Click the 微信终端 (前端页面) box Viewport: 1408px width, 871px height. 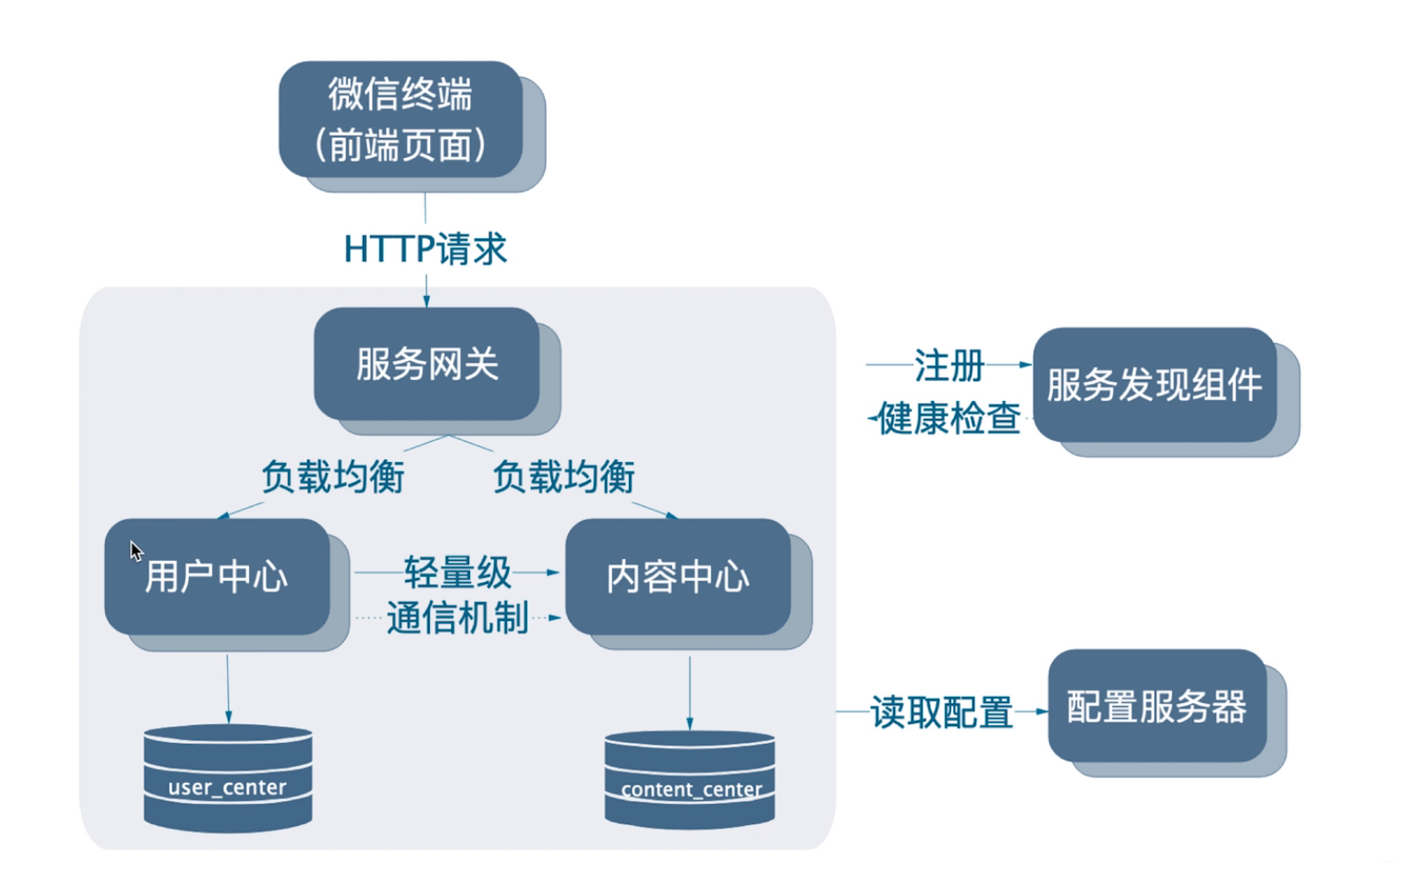point(401,119)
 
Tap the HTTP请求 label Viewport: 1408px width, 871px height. point(425,249)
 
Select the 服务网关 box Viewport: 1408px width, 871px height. point(427,363)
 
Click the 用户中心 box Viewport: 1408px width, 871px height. point(217,576)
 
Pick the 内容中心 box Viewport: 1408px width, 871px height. point(678,576)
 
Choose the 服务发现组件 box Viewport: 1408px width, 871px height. point(1154,384)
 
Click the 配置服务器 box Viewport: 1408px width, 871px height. point(1156,706)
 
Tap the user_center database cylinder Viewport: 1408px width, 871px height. point(228,778)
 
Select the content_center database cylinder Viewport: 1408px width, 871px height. point(690,780)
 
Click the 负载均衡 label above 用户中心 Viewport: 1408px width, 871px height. point(333,477)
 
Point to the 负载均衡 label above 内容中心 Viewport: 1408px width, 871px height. point(564,477)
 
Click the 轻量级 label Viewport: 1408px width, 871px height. point(458,572)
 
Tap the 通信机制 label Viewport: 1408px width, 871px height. point(458,617)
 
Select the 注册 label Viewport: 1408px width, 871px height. point(949,365)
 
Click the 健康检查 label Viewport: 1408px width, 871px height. point(949,418)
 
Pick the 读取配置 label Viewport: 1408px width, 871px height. point(942,711)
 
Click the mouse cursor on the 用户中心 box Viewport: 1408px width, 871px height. point(135,550)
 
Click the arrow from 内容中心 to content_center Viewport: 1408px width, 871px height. point(690,692)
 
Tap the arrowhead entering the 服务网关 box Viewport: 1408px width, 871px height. point(427,300)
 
